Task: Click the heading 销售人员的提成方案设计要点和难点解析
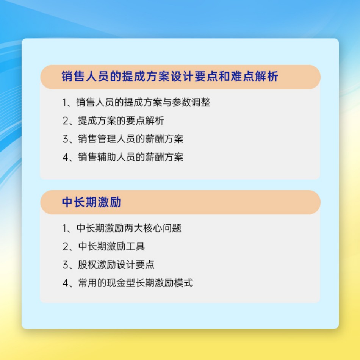(x=170, y=77)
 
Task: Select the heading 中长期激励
(x=91, y=202)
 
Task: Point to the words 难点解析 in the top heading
(x=254, y=77)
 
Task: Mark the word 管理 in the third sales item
(x=107, y=139)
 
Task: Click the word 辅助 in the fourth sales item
(x=107, y=157)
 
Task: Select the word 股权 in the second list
(x=87, y=265)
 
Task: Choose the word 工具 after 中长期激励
(x=135, y=246)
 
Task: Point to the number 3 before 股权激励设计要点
(x=65, y=265)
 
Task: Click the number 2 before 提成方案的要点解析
(x=65, y=121)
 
